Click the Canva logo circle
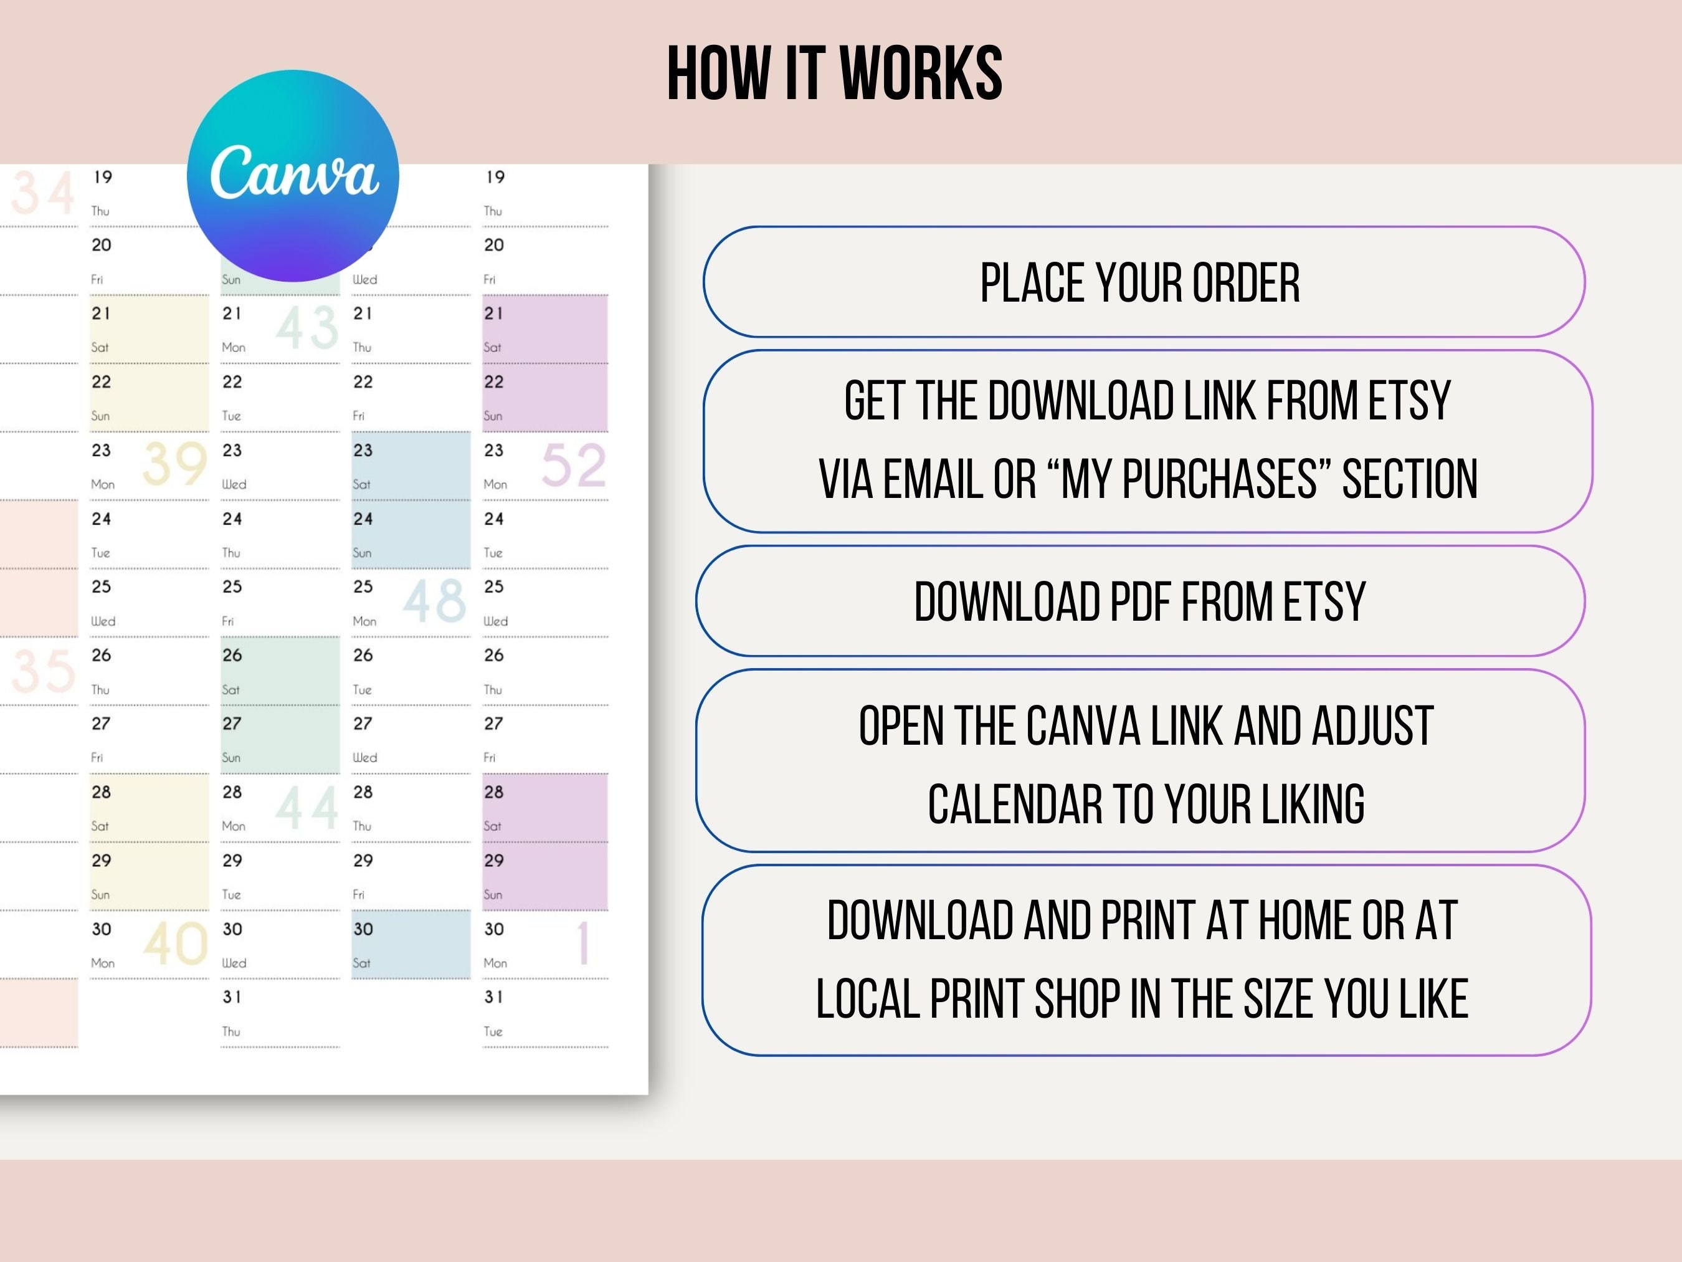[293, 176]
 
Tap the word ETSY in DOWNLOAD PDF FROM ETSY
[1324, 602]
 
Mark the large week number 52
[573, 466]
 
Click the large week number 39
[175, 463]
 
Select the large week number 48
[434, 600]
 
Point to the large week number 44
[306, 808]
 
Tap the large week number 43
[306, 327]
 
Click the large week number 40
[175, 944]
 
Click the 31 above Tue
[493, 997]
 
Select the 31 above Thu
[232, 997]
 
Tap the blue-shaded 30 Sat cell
[411, 944]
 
